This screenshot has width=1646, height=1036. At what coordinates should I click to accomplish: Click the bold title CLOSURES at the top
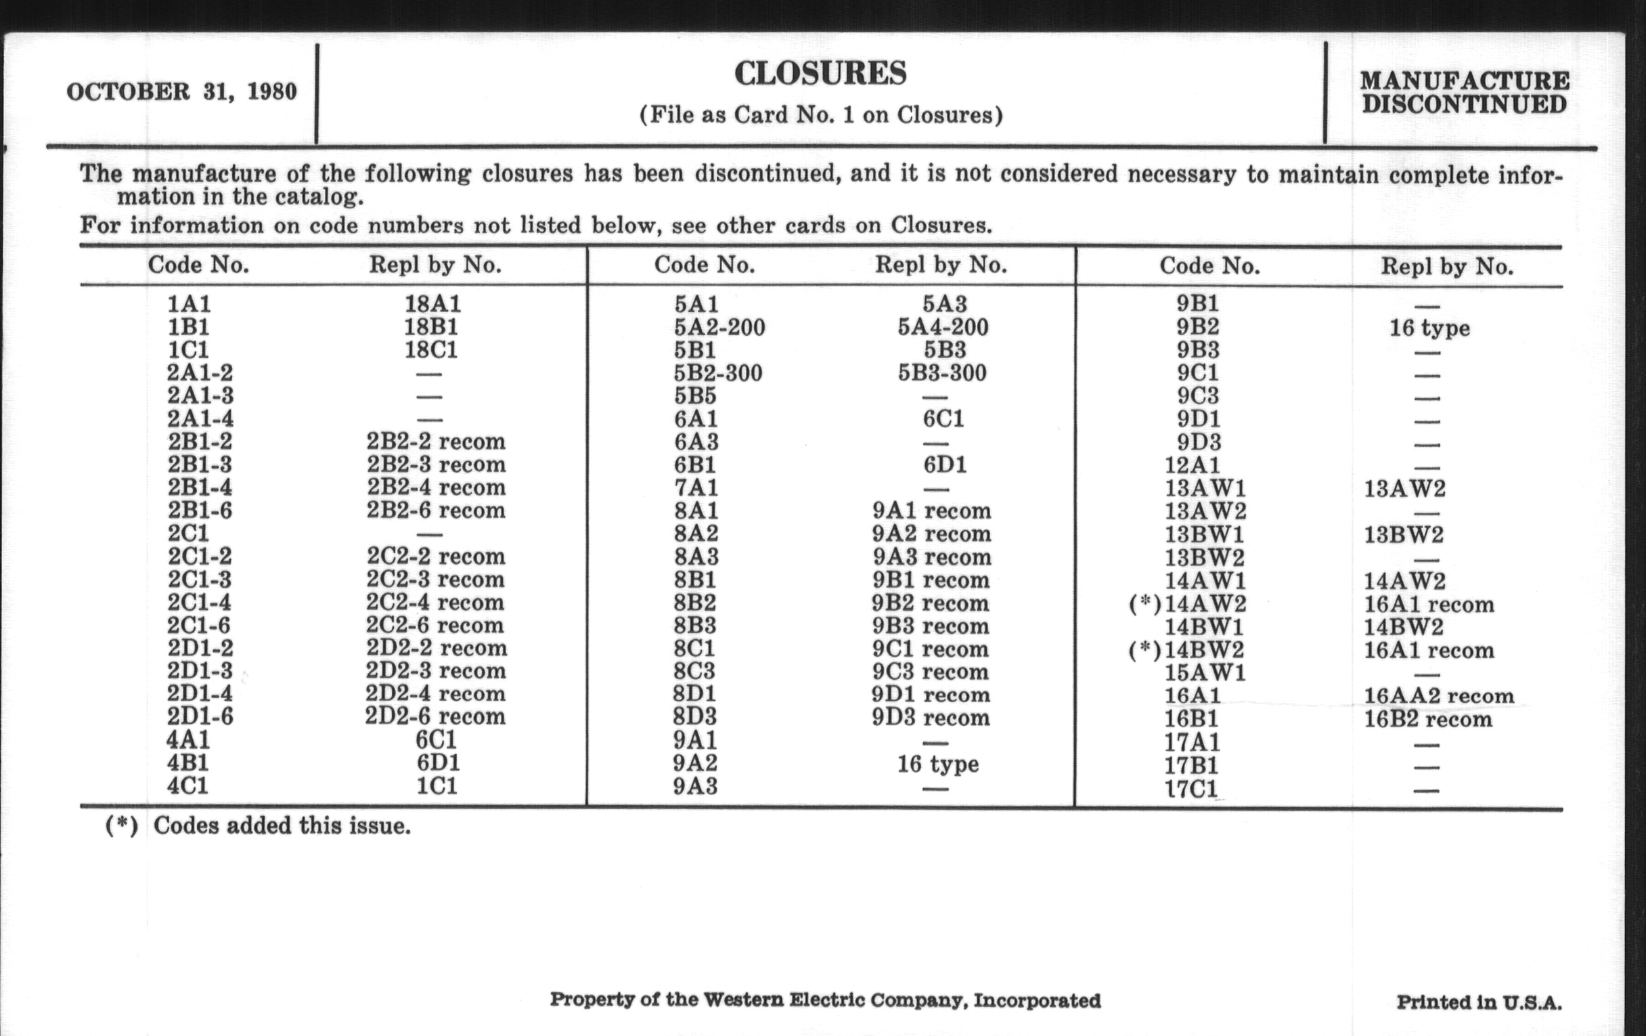pos(820,74)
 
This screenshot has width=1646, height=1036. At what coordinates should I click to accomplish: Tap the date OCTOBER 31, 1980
pos(182,91)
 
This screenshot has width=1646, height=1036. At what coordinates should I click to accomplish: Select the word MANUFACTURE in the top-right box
pos(1464,81)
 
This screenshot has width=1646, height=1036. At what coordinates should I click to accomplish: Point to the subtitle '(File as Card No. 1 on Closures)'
pos(821,114)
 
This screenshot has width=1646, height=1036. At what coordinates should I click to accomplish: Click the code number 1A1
pos(190,303)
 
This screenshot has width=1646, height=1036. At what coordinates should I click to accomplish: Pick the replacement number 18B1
pos(432,326)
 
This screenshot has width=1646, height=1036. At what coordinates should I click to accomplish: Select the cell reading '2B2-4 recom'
pos(436,487)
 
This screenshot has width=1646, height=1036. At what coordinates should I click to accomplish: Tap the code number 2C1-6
pos(199,625)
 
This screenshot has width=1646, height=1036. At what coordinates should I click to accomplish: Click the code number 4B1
pos(188,762)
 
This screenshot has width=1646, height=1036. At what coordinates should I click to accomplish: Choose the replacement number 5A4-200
pos(943,327)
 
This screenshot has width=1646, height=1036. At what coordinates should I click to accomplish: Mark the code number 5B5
pos(695,396)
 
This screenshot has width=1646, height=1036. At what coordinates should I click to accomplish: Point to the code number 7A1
pos(696,488)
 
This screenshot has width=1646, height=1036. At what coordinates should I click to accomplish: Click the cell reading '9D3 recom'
pos(931,718)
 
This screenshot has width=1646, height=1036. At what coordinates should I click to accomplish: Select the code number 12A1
pos(1192,466)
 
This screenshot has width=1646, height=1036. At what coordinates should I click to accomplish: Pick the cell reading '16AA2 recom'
pos(1439,696)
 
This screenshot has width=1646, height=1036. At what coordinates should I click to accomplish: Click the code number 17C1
pos(1191,788)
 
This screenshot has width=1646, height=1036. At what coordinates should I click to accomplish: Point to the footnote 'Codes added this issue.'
pos(282,826)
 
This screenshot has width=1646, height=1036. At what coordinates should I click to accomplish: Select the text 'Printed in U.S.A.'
pos(1479,1003)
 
